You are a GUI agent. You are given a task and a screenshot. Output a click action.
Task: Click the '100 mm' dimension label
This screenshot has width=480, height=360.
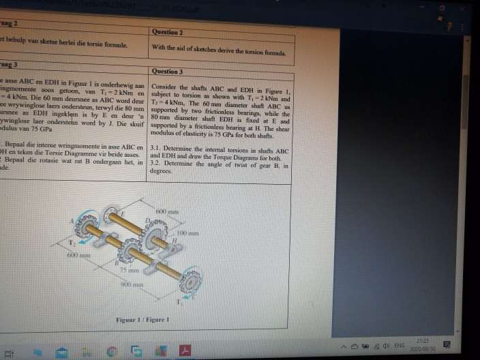pos(188,233)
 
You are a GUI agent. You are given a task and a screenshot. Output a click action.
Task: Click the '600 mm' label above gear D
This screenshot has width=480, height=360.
pos(166,210)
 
